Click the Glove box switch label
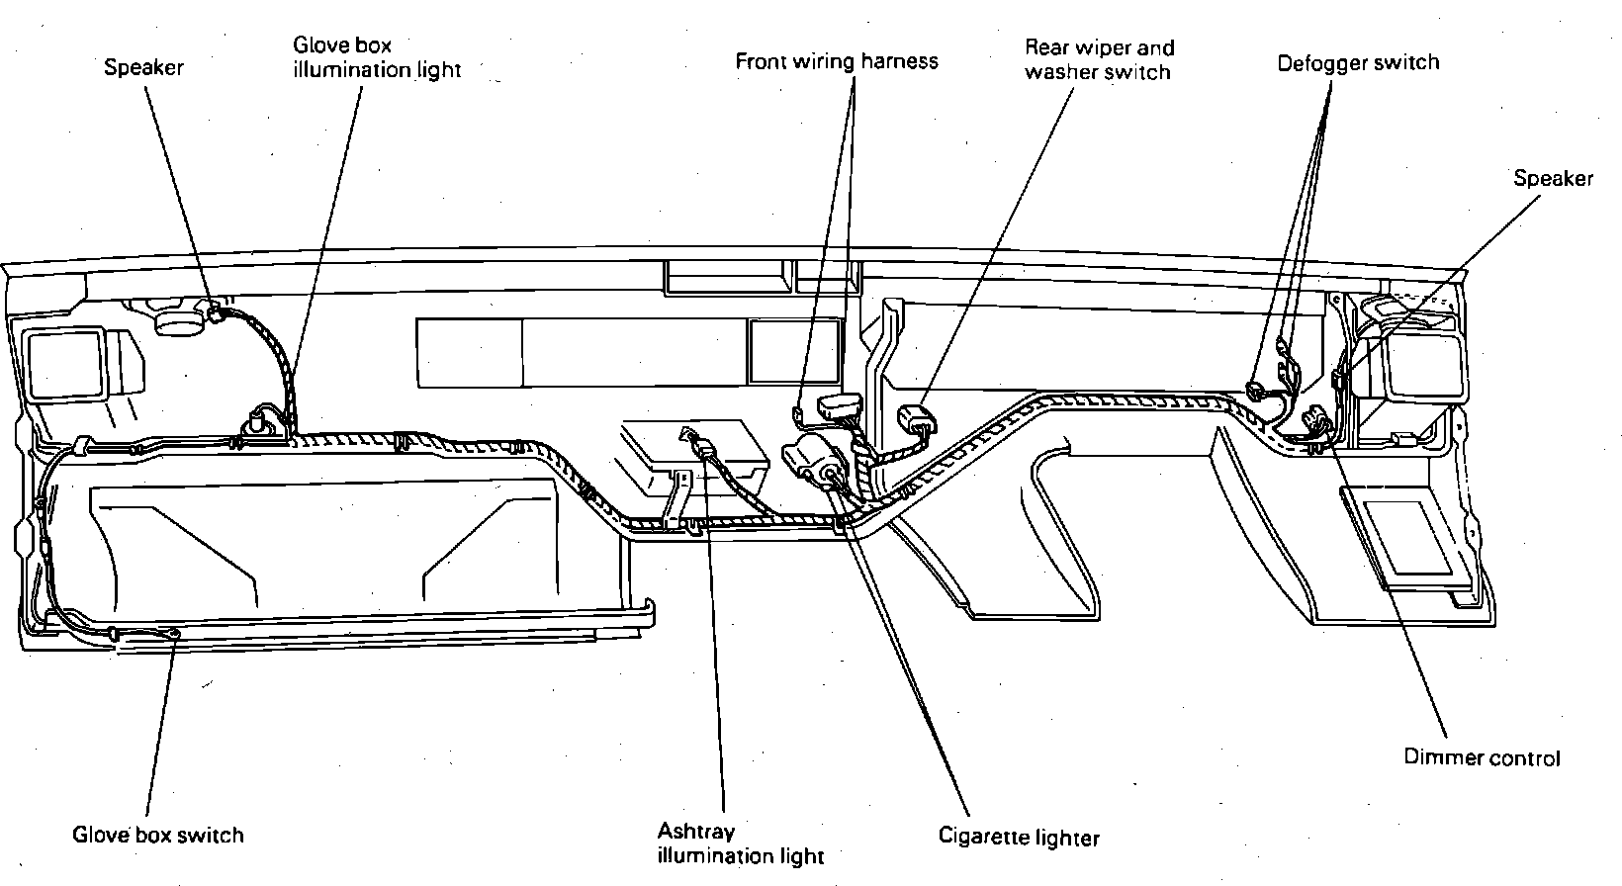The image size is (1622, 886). [157, 834]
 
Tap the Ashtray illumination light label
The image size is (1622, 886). [740, 843]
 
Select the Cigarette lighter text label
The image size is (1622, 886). [1019, 837]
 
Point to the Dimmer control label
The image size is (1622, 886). [1482, 757]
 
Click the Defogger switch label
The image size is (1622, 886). [1358, 63]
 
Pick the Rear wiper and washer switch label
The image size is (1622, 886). [1099, 59]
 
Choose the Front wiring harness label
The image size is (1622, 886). [836, 61]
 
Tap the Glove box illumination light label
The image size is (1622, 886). [377, 57]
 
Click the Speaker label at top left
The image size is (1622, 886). [143, 67]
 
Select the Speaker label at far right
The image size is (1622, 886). [1553, 178]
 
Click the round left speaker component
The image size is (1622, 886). [181, 319]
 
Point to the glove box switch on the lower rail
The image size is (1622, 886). [174, 634]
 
